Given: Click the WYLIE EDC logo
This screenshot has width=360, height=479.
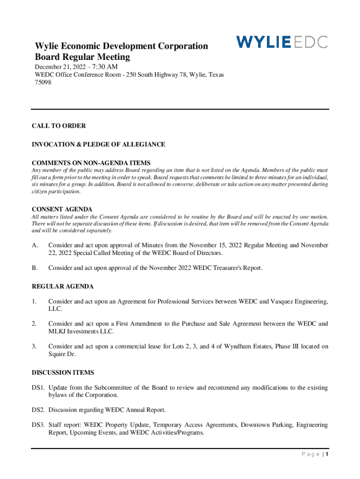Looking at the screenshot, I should point(282,42).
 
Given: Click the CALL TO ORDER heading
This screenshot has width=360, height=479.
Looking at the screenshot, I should point(58,126).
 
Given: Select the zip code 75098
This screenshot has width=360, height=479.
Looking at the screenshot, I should point(43,82).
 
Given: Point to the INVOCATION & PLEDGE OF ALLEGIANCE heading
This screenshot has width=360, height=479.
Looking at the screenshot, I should point(98,145).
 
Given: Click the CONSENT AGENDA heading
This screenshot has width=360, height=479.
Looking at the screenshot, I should point(62,209).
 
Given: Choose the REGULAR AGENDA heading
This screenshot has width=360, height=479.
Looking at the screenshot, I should point(63,286).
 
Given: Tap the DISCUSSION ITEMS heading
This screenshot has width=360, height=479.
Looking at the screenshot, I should point(63,372).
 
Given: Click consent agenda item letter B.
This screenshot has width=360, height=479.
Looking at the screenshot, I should point(34,268).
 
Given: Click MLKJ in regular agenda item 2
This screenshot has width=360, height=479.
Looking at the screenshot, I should point(58,332).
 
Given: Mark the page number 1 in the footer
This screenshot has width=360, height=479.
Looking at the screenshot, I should point(328,455).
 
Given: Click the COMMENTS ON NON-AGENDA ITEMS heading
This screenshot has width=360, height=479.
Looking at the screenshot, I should point(91,163).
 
